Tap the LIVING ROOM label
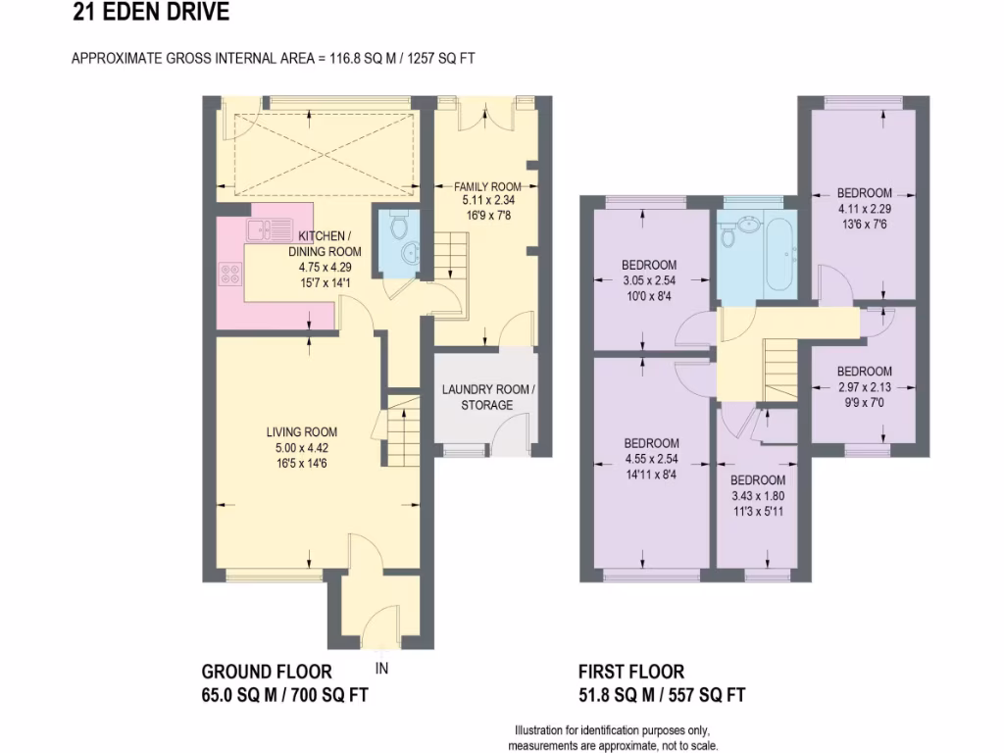pos(301,431)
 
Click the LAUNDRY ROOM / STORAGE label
pos(488,397)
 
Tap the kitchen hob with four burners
pos(232,276)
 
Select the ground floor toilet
pos(397,226)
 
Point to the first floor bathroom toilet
pos(728,235)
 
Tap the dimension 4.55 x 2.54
pos(651,458)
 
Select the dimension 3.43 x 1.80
pos(757,495)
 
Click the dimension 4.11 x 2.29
pos(864,208)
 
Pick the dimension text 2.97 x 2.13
pos(864,386)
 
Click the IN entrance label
pos(382,669)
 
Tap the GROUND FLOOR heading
pos(267,672)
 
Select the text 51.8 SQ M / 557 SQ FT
pos(662,695)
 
